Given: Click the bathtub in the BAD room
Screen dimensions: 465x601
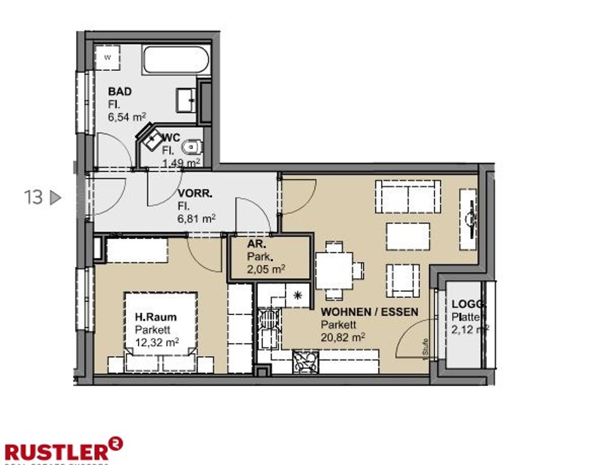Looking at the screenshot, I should click(x=176, y=61).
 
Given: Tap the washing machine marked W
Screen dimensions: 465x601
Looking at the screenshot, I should click(x=107, y=57).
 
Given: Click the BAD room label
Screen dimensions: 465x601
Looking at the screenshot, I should click(x=120, y=92).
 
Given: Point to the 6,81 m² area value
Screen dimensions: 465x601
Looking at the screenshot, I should click(x=196, y=218).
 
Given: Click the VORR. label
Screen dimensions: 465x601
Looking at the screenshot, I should click(x=195, y=193).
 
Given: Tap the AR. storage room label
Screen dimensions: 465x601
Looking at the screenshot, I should click(x=256, y=244).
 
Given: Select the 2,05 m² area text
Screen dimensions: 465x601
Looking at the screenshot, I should click(x=266, y=269).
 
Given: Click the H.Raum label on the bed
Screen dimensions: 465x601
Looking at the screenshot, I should click(x=156, y=317).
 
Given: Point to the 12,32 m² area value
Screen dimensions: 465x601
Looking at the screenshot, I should click(x=157, y=342).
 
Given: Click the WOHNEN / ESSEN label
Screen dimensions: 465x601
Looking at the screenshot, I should click(x=369, y=312).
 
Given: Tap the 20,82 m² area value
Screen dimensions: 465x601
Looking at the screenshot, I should click(x=343, y=338).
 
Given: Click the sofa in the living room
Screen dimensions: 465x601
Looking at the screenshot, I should click(x=408, y=197).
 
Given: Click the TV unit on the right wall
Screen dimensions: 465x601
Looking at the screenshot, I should click(x=468, y=219).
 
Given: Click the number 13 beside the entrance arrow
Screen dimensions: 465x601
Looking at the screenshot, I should click(x=33, y=197).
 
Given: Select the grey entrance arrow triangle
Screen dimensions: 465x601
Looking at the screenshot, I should click(x=55, y=198).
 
